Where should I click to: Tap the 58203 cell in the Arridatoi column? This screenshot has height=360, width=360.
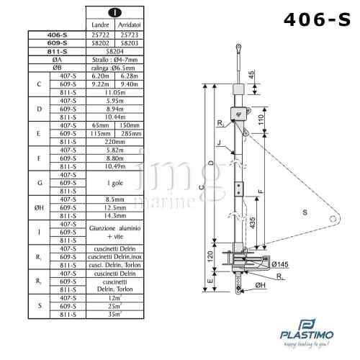pos(130,42)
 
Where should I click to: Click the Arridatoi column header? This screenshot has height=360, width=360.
pos(130,24)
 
